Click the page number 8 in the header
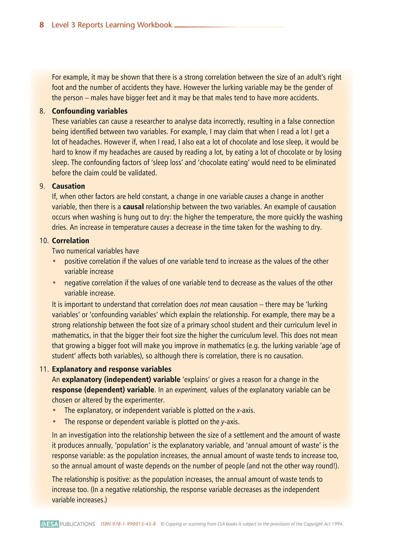pos(42,25)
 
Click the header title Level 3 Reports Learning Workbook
pos(112,25)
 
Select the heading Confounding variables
pos(90,111)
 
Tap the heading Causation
pos(68,186)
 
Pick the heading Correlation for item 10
pos(70,241)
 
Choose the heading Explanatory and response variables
pos(112,369)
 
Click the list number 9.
pos(42,186)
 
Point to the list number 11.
pos(44,369)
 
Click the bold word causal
pos(133,207)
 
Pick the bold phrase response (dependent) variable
pos(103,390)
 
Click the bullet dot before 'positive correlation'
pos(54,262)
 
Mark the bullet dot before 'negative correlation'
pos(54,283)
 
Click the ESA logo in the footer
pos(50,524)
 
